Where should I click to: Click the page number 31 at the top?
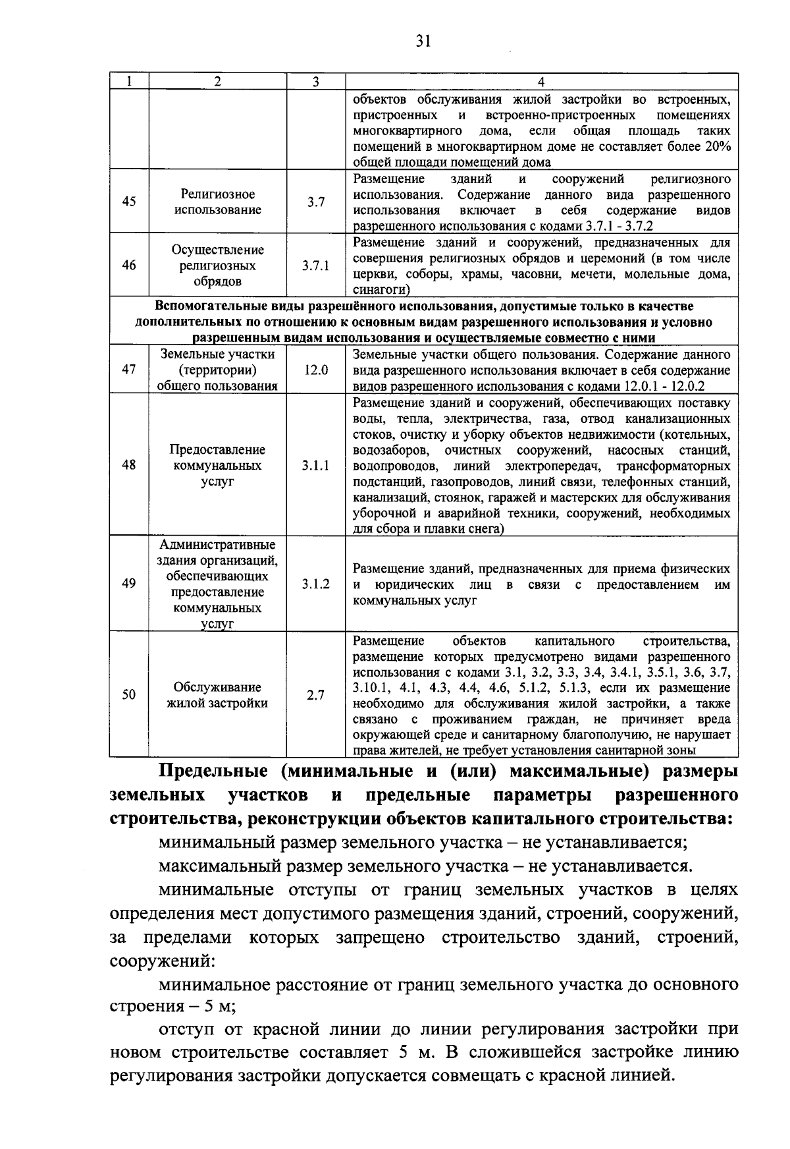(x=423, y=42)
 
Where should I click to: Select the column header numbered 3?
(x=316, y=82)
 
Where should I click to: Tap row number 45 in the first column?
(x=129, y=202)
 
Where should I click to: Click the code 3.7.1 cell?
(x=316, y=266)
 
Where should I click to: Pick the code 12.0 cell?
(x=316, y=370)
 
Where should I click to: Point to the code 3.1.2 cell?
(x=316, y=584)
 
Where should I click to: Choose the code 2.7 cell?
(x=316, y=694)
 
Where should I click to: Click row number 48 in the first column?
(x=129, y=465)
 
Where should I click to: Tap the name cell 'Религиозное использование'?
(x=218, y=202)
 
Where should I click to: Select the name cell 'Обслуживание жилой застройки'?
(x=218, y=695)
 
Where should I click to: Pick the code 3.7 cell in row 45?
(x=316, y=202)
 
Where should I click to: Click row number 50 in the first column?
(x=129, y=694)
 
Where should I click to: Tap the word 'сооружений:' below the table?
(x=163, y=961)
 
